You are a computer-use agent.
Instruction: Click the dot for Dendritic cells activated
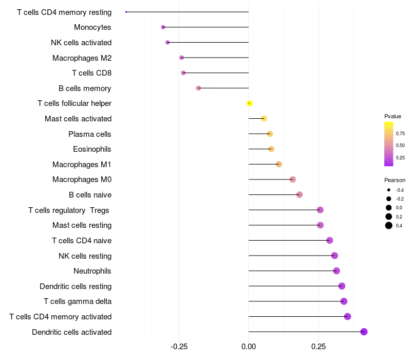click(x=364, y=332)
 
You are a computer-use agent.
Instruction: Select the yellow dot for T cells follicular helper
click(x=249, y=103)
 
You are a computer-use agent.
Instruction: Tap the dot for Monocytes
click(x=163, y=27)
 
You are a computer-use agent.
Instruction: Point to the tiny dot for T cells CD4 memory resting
click(x=126, y=12)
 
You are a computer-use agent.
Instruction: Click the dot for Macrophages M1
click(x=278, y=165)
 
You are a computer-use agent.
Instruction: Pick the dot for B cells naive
click(x=300, y=195)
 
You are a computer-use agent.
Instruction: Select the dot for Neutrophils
click(x=337, y=271)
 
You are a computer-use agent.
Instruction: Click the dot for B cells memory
click(x=198, y=88)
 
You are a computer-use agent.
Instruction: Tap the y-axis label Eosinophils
click(x=92, y=149)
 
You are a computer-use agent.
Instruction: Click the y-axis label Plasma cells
click(x=90, y=134)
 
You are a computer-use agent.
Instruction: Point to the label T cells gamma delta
click(x=78, y=301)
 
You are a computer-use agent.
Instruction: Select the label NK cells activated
click(x=81, y=43)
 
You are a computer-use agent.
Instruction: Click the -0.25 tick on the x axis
click(x=179, y=347)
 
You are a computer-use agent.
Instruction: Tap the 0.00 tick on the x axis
click(x=249, y=347)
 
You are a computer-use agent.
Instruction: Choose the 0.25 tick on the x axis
click(x=318, y=347)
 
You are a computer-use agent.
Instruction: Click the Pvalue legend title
click(x=393, y=116)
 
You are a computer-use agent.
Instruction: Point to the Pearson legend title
click(x=395, y=180)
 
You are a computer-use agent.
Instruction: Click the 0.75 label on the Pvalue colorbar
click(x=400, y=134)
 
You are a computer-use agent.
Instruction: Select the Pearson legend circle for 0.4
click(x=389, y=225)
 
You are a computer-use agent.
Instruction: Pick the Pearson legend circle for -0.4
click(x=389, y=190)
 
